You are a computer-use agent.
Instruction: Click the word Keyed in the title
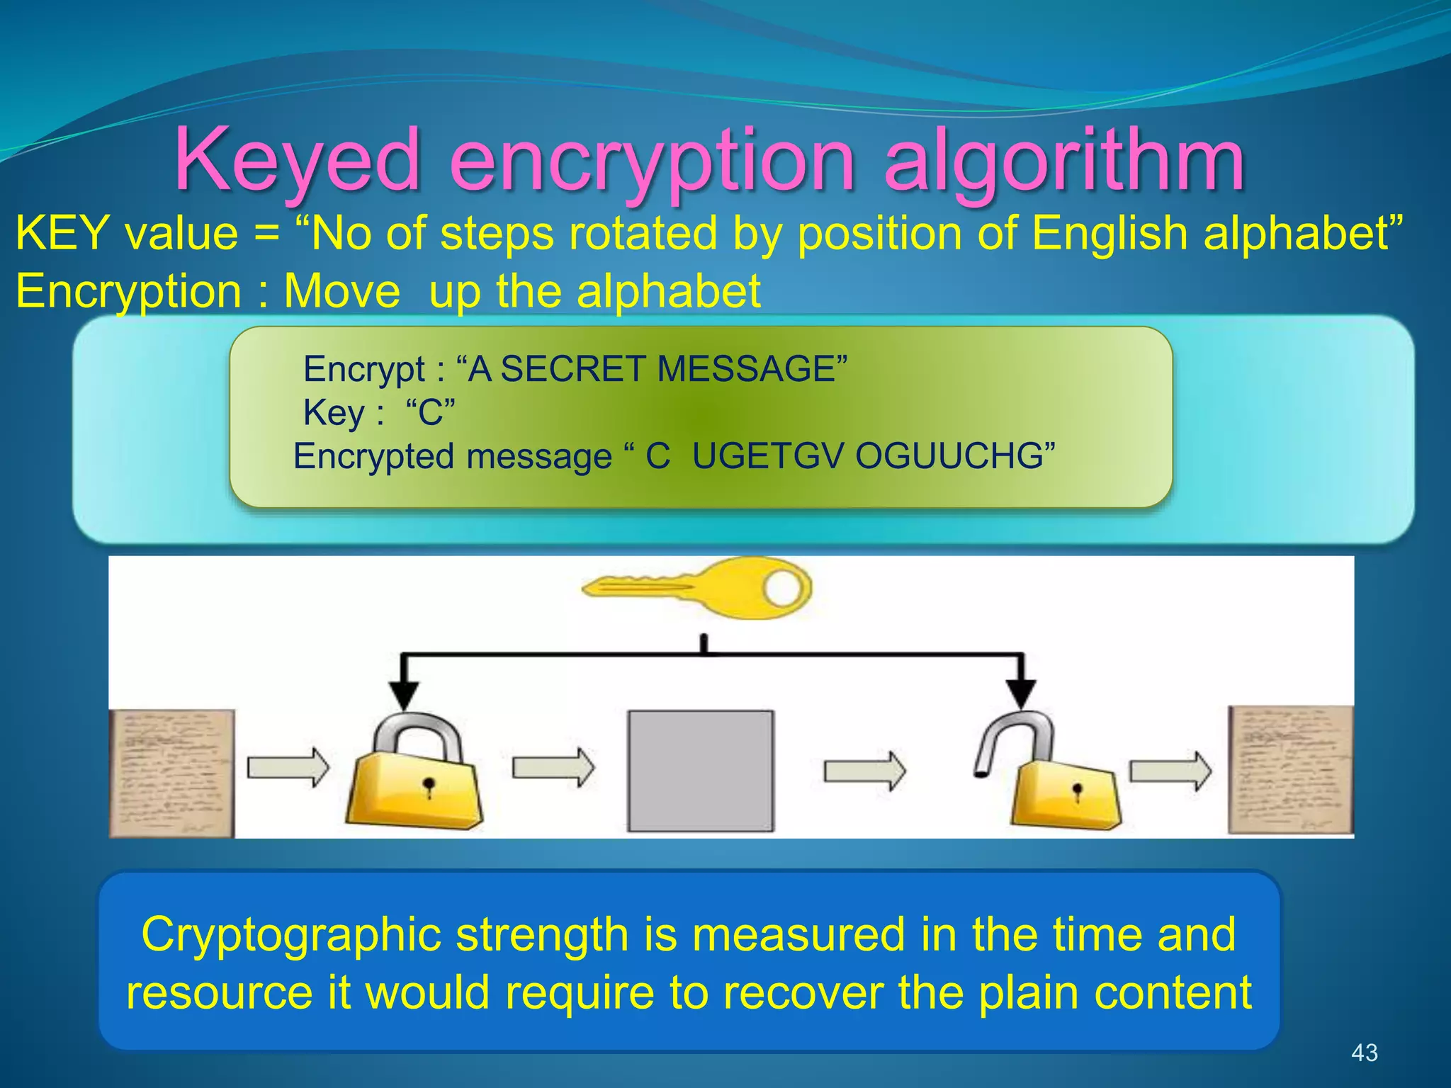298,159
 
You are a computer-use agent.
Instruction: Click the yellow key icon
698,588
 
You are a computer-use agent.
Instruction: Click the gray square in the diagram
701,771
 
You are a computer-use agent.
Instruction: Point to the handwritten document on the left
171,773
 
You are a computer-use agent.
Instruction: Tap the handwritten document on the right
1290,770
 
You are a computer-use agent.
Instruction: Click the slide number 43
1365,1053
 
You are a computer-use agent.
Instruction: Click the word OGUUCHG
949,456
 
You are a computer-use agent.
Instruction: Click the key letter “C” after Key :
430,412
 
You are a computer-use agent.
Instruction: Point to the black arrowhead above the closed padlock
404,693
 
